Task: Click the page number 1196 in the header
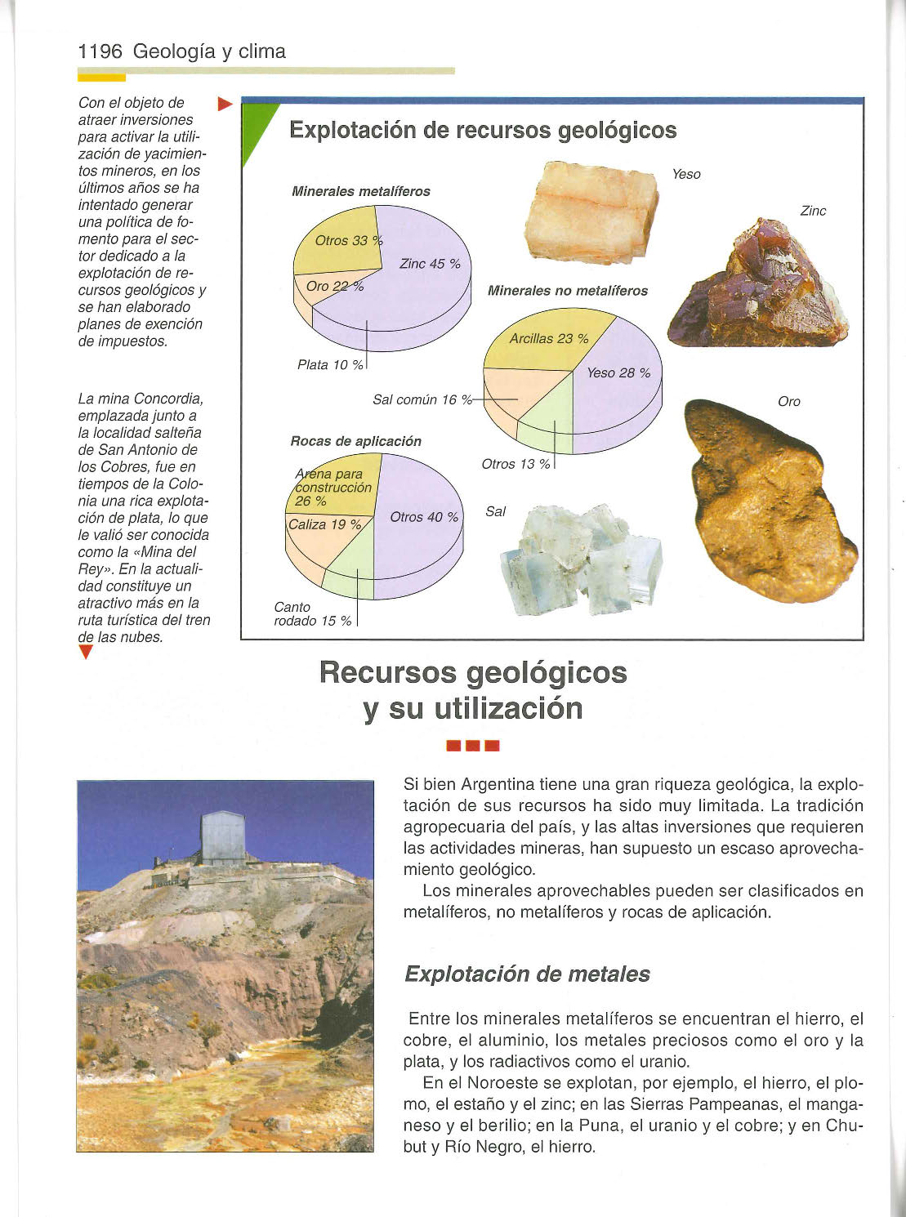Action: [100, 52]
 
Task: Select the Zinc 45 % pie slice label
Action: [430, 264]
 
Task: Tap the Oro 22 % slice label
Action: [334, 286]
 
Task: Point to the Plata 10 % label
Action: [330, 365]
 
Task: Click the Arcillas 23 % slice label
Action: [548, 338]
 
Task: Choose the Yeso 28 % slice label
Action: [618, 373]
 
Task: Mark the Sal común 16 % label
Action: [422, 399]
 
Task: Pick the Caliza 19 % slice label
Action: [324, 524]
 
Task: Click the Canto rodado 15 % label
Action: [312, 614]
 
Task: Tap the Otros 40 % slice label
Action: [424, 517]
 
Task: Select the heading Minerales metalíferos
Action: [360, 191]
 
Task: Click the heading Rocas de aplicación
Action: [355, 441]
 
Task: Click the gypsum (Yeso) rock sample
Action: [593, 212]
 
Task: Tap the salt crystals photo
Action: [581, 559]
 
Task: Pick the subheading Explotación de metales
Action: [527, 974]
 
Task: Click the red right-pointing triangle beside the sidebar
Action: [226, 104]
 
